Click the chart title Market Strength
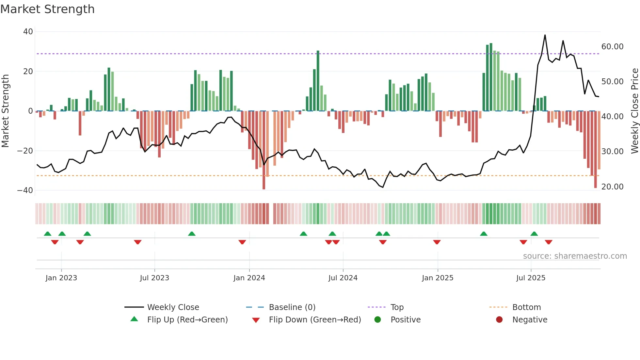pyautogui.click(x=47, y=9)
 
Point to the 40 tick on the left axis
pyautogui.click(x=28, y=32)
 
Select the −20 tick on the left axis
pyautogui.click(x=25, y=151)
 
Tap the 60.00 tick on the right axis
pyautogui.click(x=612, y=47)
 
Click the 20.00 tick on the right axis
pyautogui.click(x=612, y=187)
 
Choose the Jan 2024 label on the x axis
pyautogui.click(x=249, y=278)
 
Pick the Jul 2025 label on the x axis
pyautogui.click(x=531, y=278)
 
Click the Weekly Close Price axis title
pyautogui.click(x=634, y=111)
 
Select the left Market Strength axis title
pyautogui.click(x=5, y=111)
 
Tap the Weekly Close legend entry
pyautogui.click(x=173, y=307)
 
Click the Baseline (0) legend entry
pyautogui.click(x=292, y=307)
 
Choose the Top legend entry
pyautogui.click(x=397, y=307)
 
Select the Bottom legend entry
pyautogui.click(x=526, y=307)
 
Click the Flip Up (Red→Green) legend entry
pyautogui.click(x=187, y=320)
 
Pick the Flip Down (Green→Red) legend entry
pyautogui.click(x=315, y=320)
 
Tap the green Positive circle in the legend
pyautogui.click(x=378, y=320)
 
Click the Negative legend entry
pyautogui.click(x=530, y=320)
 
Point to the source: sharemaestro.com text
pyautogui.click(x=575, y=256)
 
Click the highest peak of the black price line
pyautogui.click(x=545, y=35)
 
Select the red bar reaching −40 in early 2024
pyautogui.click(x=264, y=150)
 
